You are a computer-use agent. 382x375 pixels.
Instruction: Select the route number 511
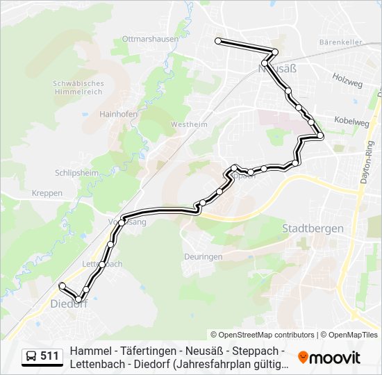(49, 356)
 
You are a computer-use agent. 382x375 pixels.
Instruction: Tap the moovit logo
(329, 358)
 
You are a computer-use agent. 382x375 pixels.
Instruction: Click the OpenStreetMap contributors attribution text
(263, 335)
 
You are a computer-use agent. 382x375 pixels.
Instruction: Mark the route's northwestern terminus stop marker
(218, 42)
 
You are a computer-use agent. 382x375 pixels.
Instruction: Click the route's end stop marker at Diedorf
(63, 285)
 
